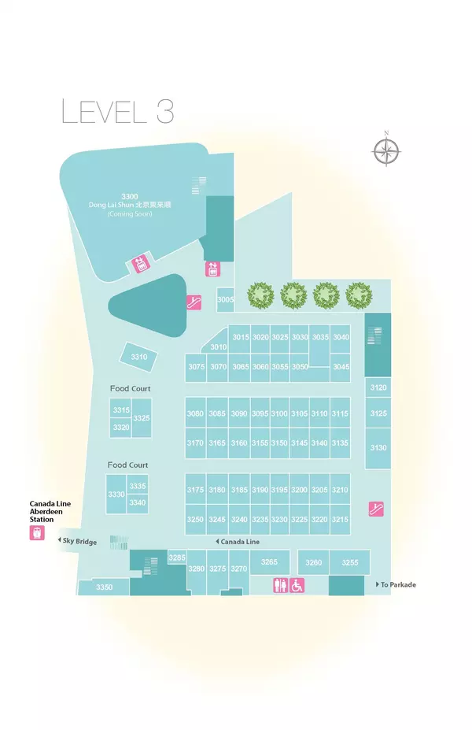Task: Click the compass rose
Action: (385, 150)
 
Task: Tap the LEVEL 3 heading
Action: (117, 111)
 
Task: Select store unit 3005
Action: (226, 300)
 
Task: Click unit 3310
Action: (139, 357)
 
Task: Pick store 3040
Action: (341, 337)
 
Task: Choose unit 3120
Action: (378, 387)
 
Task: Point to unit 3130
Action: (378, 447)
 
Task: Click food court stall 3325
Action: (142, 418)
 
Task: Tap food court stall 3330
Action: (116, 494)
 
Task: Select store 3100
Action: (279, 413)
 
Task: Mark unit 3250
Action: (195, 519)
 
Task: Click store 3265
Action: (270, 561)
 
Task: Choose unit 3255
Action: (350, 562)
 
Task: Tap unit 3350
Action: (104, 587)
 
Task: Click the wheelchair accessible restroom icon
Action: (297, 585)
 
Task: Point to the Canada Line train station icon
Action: (36, 533)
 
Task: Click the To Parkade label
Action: (397, 584)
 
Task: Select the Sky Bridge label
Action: (79, 542)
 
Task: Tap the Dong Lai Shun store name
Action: (131, 205)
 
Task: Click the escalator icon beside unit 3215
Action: (376, 509)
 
